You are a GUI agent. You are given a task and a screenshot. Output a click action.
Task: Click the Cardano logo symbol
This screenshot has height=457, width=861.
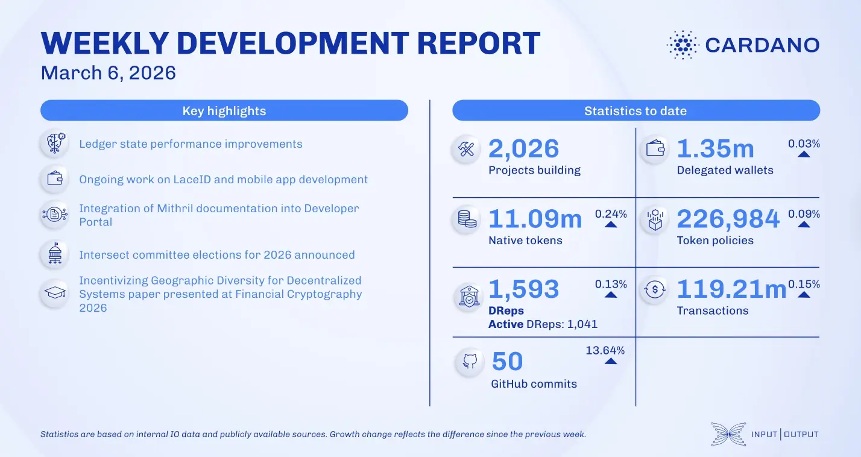point(683,45)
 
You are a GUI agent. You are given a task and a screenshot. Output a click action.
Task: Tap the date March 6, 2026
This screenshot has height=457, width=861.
point(108,73)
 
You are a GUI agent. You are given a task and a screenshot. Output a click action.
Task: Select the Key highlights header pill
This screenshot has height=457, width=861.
point(224,111)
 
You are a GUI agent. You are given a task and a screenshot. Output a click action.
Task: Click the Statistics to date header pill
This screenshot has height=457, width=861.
point(635,111)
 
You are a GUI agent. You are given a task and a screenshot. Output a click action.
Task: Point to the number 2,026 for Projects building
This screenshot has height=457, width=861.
point(523,149)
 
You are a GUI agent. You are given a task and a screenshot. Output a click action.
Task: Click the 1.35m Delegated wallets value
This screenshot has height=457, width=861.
point(715,149)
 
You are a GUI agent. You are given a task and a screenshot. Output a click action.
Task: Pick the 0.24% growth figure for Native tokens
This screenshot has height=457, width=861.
point(611,214)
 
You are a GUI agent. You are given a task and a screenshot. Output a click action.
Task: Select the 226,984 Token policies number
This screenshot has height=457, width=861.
point(728,219)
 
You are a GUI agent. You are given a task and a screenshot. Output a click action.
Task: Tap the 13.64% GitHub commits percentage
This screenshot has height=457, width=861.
point(605,350)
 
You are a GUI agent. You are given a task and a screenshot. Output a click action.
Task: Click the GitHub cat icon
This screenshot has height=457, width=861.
point(470,362)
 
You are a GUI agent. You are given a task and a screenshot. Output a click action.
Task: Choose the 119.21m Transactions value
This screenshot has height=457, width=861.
point(731,289)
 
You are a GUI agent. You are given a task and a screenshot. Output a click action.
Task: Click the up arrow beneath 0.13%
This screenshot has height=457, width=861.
point(611,295)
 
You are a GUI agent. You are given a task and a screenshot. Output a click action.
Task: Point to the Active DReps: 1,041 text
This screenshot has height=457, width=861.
point(543,324)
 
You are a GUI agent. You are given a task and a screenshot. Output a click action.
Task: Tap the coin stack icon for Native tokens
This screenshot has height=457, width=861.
point(467,220)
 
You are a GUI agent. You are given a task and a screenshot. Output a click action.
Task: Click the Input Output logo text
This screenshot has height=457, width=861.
point(784,434)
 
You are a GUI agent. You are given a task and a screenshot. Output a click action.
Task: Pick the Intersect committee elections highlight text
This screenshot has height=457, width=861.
point(216,254)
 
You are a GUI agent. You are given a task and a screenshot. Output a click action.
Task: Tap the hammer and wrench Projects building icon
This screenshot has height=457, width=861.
point(467,150)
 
